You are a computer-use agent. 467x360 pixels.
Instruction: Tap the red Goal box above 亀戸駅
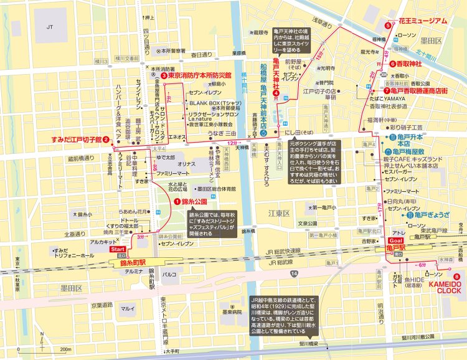(394, 239)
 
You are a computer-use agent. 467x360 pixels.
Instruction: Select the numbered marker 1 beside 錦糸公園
(177, 201)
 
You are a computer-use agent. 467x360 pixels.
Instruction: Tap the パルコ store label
(169, 273)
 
